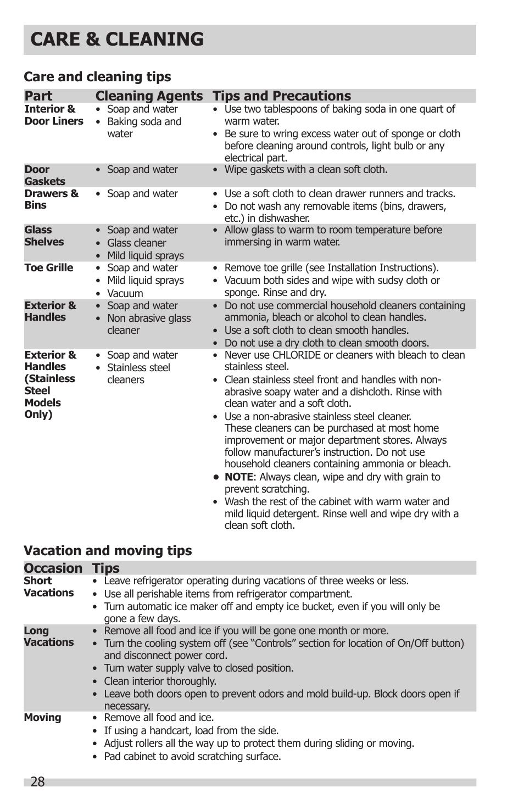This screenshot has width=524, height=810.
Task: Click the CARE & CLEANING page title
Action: [x=117, y=40]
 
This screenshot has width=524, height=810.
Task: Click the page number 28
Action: [x=37, y=782]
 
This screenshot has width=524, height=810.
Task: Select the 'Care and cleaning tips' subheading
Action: [x=97, y=77]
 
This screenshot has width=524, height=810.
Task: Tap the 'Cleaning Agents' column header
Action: [x=149, y=96]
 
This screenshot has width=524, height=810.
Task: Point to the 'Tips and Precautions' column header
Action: [x=282, y=96]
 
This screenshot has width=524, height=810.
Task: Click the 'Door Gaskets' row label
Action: [x=44, y=175]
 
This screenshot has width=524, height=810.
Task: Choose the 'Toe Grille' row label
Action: [x=49, y=268]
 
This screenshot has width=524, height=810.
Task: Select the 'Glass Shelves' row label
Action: [x=44, y=236]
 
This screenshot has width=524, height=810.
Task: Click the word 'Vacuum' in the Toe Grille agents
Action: [x=125, y=294]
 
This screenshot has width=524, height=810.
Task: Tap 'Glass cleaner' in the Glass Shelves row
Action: [x=137, y=243]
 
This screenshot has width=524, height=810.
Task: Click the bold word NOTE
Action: [x=238, y=477]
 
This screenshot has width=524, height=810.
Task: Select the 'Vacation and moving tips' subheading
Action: [x=108, y=551]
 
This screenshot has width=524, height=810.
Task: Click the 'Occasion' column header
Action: [x=53, y=568]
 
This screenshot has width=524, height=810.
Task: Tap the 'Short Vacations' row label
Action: [x=48, y=587]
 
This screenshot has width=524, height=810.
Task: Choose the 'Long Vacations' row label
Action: [x=48, y=636]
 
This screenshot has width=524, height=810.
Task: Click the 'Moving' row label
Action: [x=42, y=718]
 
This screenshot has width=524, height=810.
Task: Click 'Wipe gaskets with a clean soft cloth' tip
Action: [x=306, y=170]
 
